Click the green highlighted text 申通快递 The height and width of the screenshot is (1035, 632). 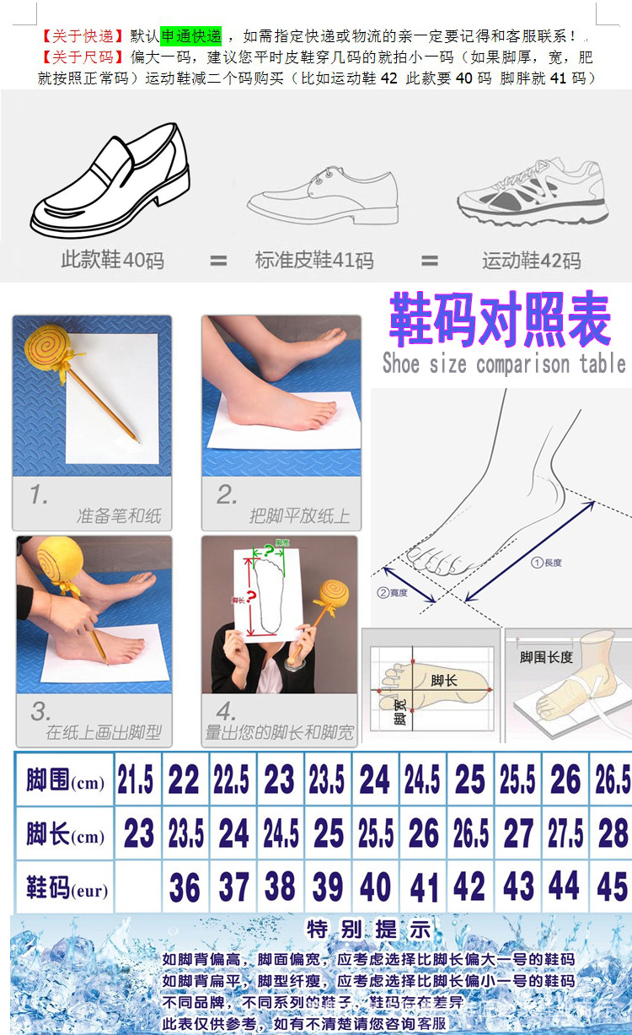point(191,36)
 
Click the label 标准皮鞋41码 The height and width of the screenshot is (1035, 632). point(314,261)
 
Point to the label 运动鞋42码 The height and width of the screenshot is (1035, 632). point(531,261)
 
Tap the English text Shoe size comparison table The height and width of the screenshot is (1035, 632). point(503,364)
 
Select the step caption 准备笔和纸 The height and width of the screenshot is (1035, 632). point(119,515)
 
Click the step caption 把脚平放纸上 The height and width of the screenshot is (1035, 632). point(299,515)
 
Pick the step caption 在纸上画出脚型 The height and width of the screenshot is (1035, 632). point(103,732)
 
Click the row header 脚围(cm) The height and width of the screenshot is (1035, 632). point(65,782)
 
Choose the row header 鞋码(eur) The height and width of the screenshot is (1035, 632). point(65,888)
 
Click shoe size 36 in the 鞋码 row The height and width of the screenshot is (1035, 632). point(185,888)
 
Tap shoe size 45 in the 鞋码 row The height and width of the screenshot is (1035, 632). point(611,888)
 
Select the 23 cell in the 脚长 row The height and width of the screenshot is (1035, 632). point(138,835)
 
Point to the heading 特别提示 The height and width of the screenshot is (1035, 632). point(368,930)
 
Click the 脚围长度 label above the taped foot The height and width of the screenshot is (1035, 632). point(546,656)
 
